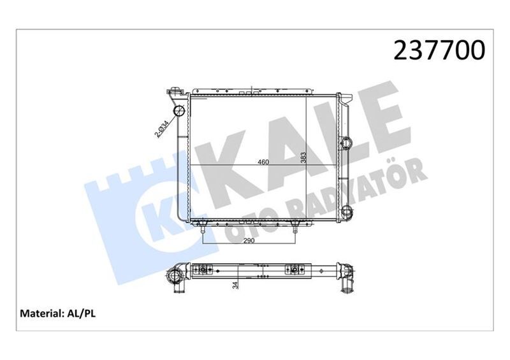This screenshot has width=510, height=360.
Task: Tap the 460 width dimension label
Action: (x=263, y=162)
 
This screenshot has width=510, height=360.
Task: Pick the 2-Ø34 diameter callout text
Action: (x=161, y=129)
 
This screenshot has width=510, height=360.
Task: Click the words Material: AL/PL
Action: (x=59, y=313)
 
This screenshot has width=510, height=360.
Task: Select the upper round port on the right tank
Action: (x=346, y=141)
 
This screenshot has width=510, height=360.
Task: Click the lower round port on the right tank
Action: (x=346, y=212)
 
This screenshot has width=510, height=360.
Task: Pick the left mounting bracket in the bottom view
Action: (x=203, y=270)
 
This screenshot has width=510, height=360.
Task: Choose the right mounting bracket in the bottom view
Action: (x=295, y=270)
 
